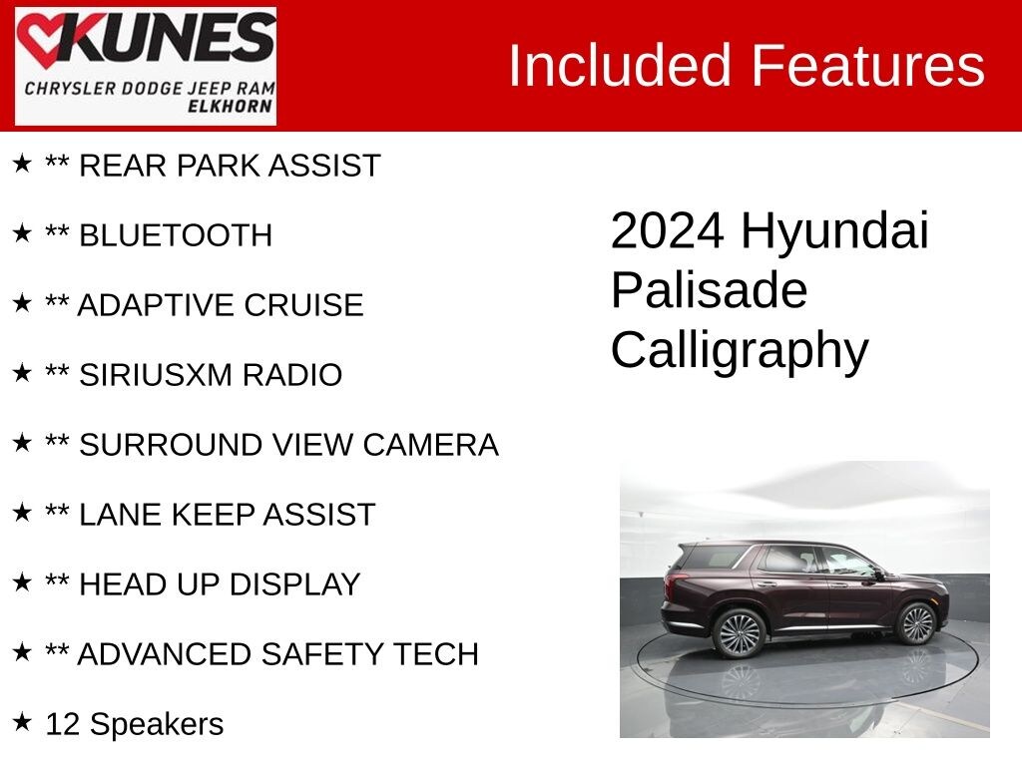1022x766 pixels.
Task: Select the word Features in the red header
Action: click(867, 66)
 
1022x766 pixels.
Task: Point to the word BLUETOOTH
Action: click(175, 235)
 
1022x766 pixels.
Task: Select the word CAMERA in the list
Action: click(430, 445)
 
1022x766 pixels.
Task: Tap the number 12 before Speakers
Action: click(63, 724)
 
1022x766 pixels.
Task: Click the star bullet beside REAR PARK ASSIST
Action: click(22, 163)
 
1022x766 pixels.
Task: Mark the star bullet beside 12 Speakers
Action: click(22, 721)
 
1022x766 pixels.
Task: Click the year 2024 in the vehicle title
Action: click(667, 231)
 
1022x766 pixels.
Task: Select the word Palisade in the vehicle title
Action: click(709, 290)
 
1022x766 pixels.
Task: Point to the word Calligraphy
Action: click(740, 351)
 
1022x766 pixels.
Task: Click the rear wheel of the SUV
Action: click(740, 632)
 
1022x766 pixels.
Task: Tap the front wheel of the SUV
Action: click(915, 624)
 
